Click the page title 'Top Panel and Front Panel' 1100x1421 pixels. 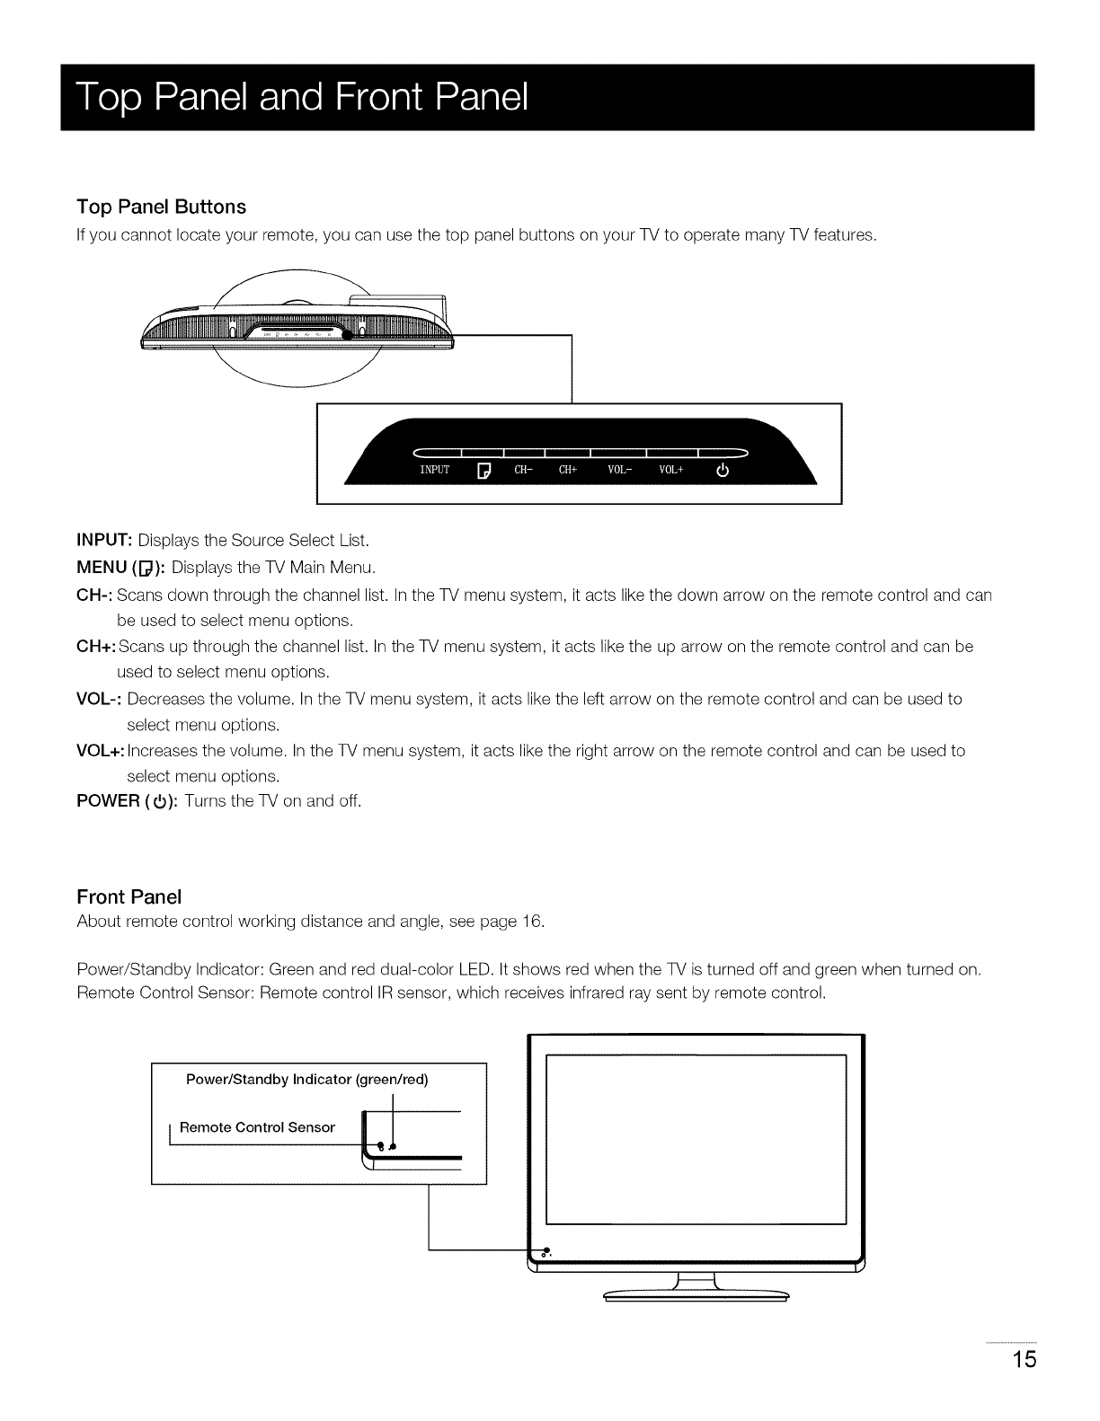pos(302,98)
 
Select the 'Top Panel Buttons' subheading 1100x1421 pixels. pos(162,207)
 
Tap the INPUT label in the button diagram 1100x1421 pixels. pos(434,470)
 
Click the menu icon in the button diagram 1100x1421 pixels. pos(483,471)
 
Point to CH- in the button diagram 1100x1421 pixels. pos(524,470)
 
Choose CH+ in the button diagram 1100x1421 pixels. pos(568,470)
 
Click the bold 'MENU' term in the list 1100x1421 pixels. pos(103,568)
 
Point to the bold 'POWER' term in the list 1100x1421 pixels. pos(109,800)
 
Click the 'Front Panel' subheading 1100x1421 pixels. pos(129,897)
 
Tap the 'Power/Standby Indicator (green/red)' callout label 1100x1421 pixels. pos(306,1080)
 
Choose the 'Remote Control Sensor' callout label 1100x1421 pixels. pos(257,1127)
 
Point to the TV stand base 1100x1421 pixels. pos(696,1294)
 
